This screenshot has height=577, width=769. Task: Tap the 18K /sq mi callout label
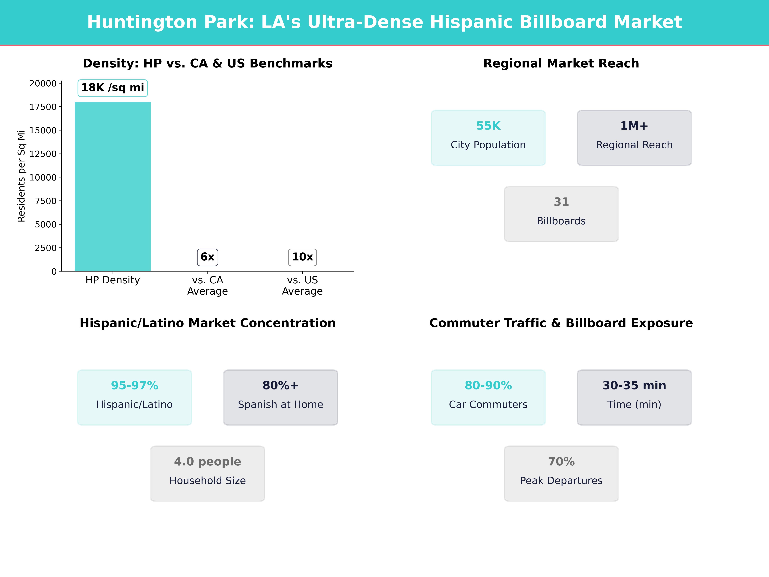pyautogui.click(x=113, y=88)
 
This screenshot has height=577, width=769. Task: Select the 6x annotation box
pyautogui.click(x=207, y=257)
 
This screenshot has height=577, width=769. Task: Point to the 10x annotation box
pyautogui.click(x=302, y=257)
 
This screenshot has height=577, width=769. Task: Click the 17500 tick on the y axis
pyautogui.click(x=43, y=107)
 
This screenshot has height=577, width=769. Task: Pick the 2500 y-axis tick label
pyautogui.click(x=45, y=248)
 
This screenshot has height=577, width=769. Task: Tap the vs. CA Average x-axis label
pyautogui.click(x=207, y=286)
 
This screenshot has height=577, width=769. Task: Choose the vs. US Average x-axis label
pyautogui.click(x=302, y=286)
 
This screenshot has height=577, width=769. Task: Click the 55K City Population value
pyautogui.click(x=488, y=126)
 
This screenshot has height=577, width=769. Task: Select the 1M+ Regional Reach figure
pyautogui.click(x=634, y=126)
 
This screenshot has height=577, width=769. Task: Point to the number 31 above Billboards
pyautogui.click(x=561, y=202)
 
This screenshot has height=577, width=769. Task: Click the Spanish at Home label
pyautogui.click(x=281, y=405)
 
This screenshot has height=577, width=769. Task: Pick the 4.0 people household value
pyautogui.click(x=207, y=462)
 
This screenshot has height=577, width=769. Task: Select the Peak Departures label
pyautogui.click(x=561, y=481)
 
